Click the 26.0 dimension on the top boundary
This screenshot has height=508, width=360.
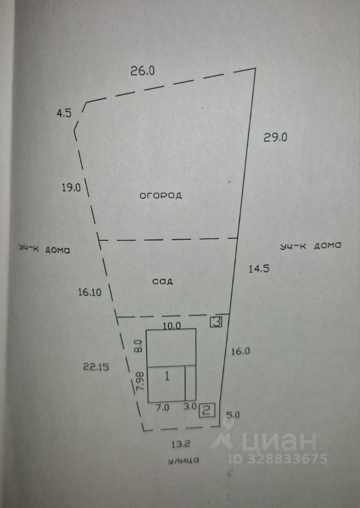coord(142,71)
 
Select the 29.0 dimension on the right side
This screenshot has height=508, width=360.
coord(275,138)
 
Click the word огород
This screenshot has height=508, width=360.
coord(161,195)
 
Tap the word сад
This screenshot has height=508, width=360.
coord(164,281)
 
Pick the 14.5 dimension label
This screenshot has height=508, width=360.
coord(259,268)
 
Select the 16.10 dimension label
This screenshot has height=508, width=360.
coord(89,291)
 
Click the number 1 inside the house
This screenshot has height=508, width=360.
coord(167,376)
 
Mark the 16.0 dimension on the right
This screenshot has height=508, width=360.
coord(240,350)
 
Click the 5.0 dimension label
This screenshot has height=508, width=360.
coord(232,415)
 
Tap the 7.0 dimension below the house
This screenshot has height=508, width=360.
coord(162,407)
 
